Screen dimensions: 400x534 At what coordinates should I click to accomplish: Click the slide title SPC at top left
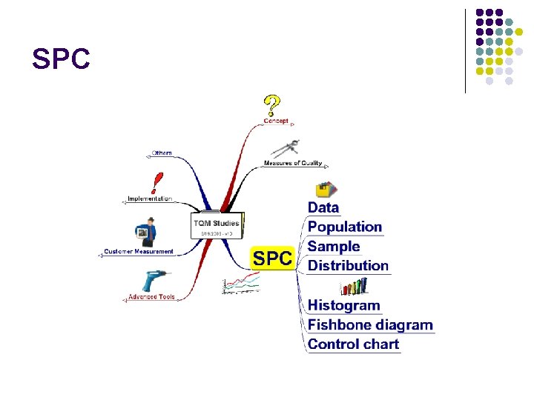[62, 58]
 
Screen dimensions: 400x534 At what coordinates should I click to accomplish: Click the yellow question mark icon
[272, 105]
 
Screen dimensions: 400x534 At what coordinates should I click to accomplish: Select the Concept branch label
[276, 121]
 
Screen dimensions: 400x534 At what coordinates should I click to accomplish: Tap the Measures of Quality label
[292, 163]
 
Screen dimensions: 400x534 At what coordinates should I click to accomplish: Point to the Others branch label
[162, 153]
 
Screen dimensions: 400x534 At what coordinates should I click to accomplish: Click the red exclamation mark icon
[156, 184]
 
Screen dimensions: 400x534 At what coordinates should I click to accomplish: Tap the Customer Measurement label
[139, 252]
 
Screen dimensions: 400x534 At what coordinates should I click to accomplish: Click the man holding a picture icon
[146, 233]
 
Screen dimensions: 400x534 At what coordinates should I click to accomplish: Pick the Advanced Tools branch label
[151, 297]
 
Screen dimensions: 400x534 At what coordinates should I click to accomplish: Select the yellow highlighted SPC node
[272, 259]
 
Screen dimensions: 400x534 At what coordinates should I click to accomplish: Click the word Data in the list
[323, 208]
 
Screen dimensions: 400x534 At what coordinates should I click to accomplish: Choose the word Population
[345, 227]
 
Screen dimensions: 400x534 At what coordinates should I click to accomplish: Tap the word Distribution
[348, 265]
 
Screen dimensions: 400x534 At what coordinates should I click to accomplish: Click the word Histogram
[343, 305]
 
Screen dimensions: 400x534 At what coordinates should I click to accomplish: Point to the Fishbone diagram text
[370, 324]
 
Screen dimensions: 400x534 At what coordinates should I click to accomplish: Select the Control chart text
[353, 344]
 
